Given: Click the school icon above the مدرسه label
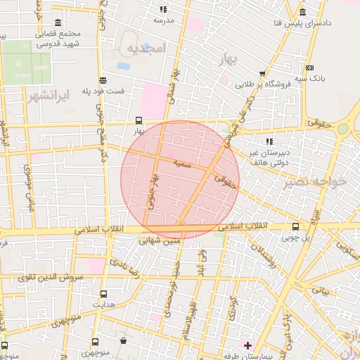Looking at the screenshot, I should click(164, 10).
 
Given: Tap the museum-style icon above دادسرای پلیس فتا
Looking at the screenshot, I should click(302, 13).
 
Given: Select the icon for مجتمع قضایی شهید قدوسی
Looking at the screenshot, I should click(56, 22).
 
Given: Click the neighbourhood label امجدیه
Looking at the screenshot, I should click(145, 48).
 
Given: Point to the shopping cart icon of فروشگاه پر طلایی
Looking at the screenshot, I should click(262, 73).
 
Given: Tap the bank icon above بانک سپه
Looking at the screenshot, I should click(309, 67).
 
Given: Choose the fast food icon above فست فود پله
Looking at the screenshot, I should click(103, 79).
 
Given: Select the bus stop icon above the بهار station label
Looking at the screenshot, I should click(139, 120).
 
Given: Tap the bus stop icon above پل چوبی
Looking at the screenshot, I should click(295, 226).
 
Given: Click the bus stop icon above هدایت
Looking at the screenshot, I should click(104, 295).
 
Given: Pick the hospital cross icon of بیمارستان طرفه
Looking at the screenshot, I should click(247, 345).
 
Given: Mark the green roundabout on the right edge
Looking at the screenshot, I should click(342, 129).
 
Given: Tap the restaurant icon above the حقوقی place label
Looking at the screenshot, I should click(309, 122).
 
